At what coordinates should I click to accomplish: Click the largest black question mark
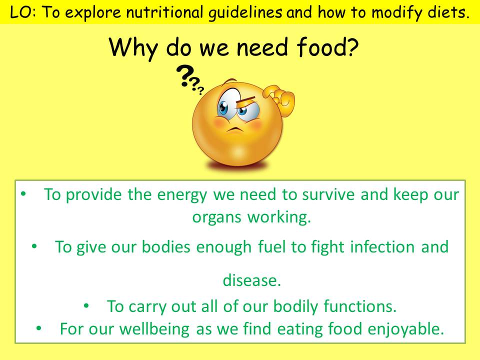click(184, 76)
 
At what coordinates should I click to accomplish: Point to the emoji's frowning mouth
click(235, 129)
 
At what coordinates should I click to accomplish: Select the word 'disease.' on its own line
click(252, 280)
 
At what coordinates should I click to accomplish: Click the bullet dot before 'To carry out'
click(86, 305)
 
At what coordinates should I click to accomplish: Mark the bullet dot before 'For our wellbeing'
click(38, 328)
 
